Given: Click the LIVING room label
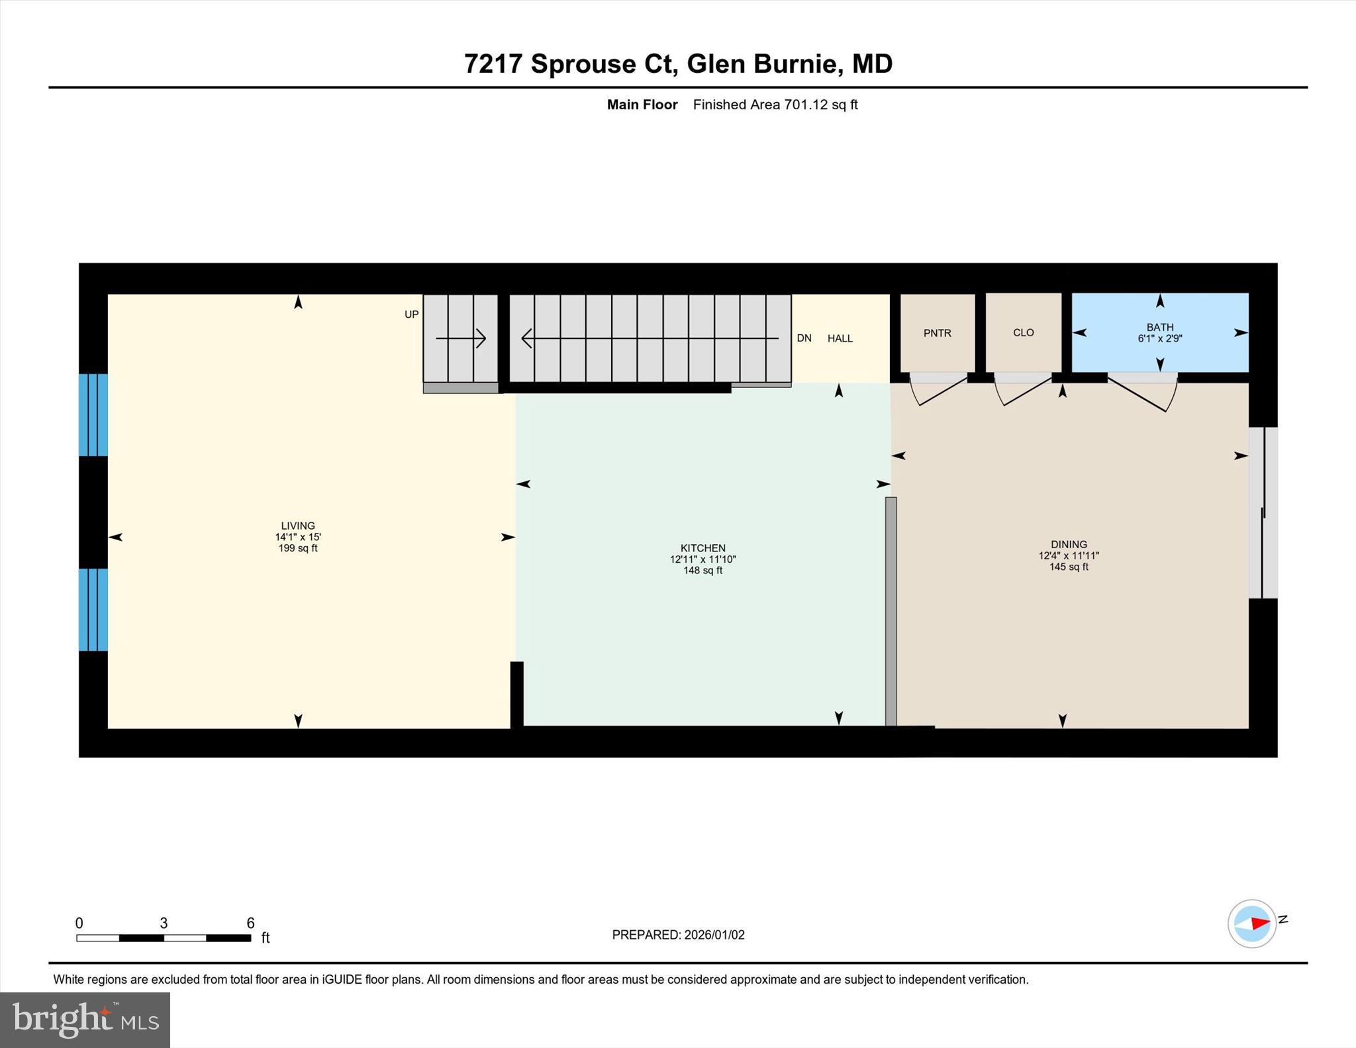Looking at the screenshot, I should tap(298, 526).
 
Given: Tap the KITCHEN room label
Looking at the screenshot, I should tap(702, 548).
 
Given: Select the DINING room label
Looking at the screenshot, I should tap(1068, 544).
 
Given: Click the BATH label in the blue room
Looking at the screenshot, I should tap(1159, 327).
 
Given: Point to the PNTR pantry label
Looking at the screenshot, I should tap(937, 333).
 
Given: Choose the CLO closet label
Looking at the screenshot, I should tap(1023, 332).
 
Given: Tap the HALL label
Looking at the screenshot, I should tap(840, 338).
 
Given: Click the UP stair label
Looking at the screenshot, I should tap(411, 314).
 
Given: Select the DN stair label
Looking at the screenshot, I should tap(804, 338).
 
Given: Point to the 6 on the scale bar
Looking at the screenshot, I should tap(250, 923).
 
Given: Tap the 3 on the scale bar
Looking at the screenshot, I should tap(164, 923).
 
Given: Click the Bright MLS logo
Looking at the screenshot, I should tap(85, 1020).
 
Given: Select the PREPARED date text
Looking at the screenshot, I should tap(678, 935).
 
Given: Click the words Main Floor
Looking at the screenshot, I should tap(642, 105).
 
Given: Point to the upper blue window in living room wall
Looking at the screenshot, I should tap(93, 415).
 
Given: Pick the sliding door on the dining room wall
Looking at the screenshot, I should tap(1263, 513).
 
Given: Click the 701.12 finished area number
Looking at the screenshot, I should tap(806, 105).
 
